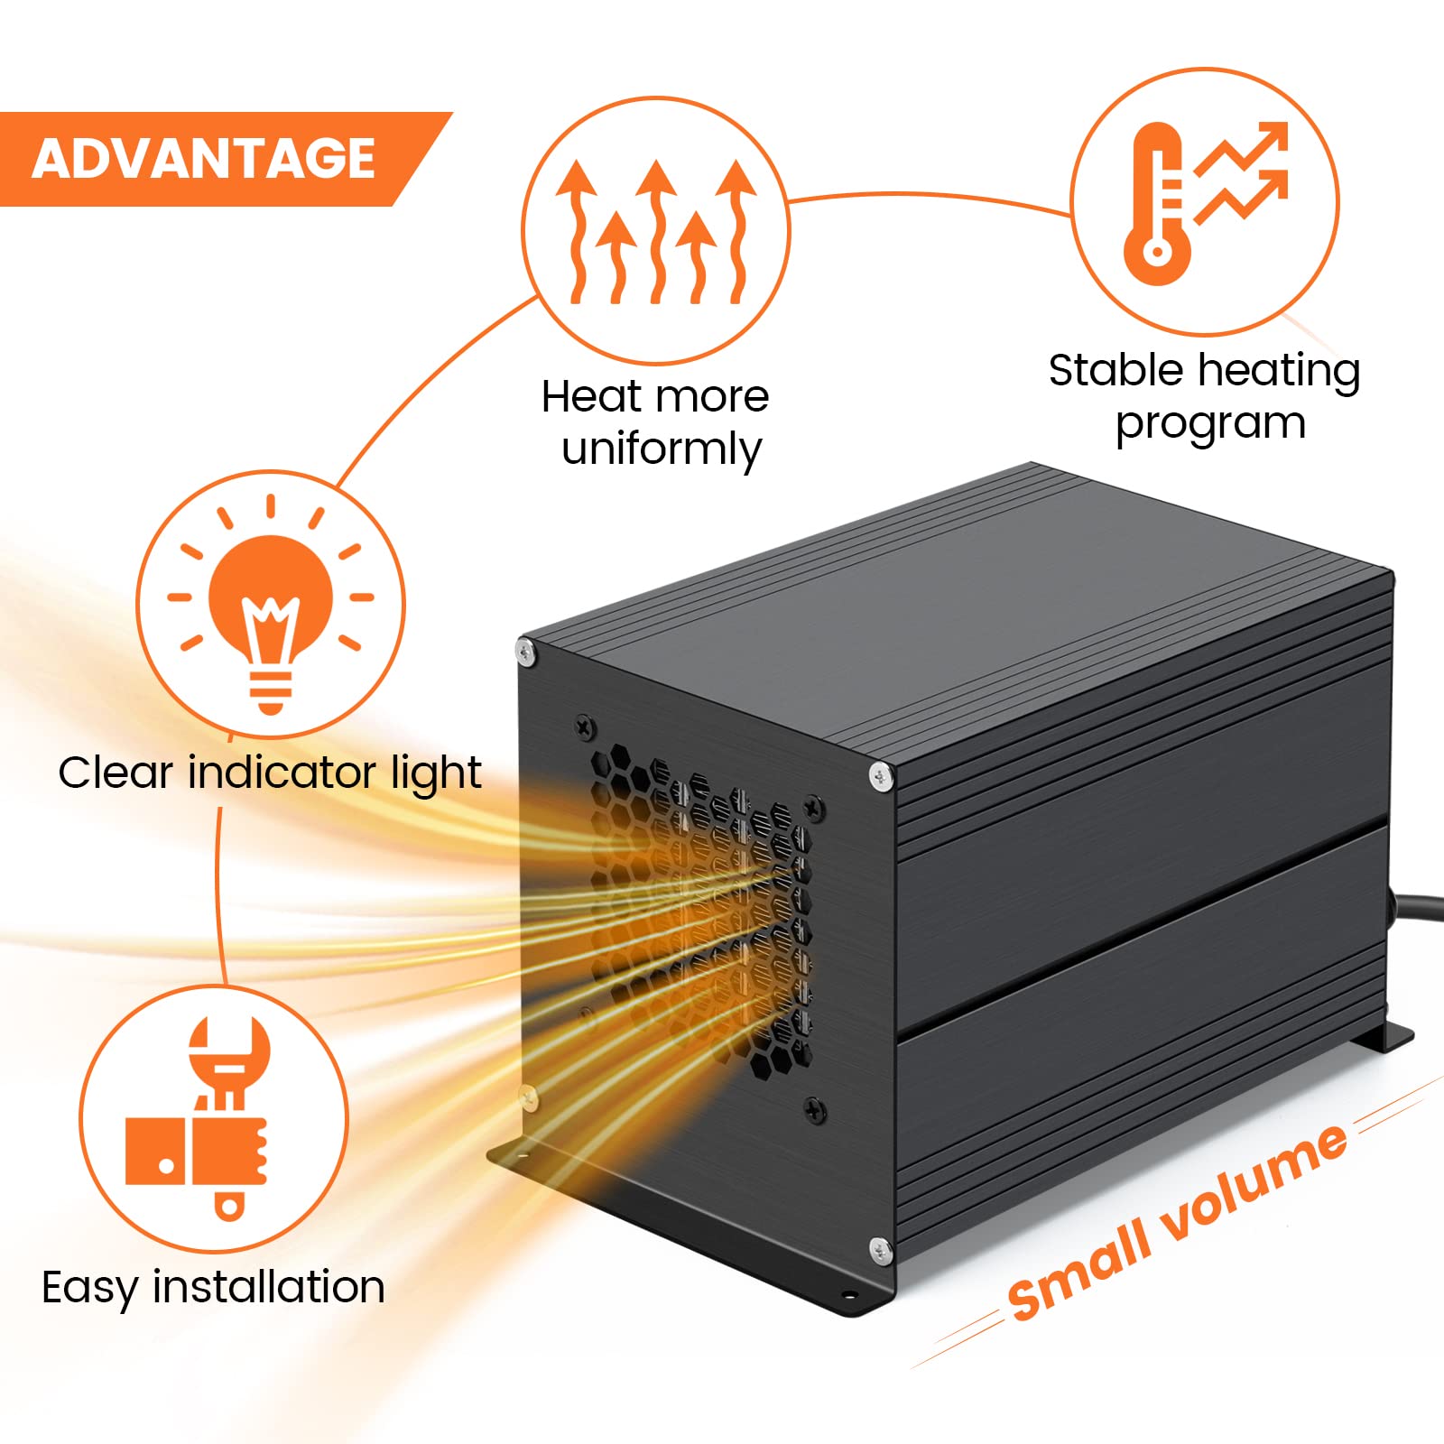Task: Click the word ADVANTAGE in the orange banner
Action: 204,159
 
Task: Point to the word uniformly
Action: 661,449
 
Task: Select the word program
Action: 1210,424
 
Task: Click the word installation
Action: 269,1287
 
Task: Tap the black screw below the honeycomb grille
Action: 814,1109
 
